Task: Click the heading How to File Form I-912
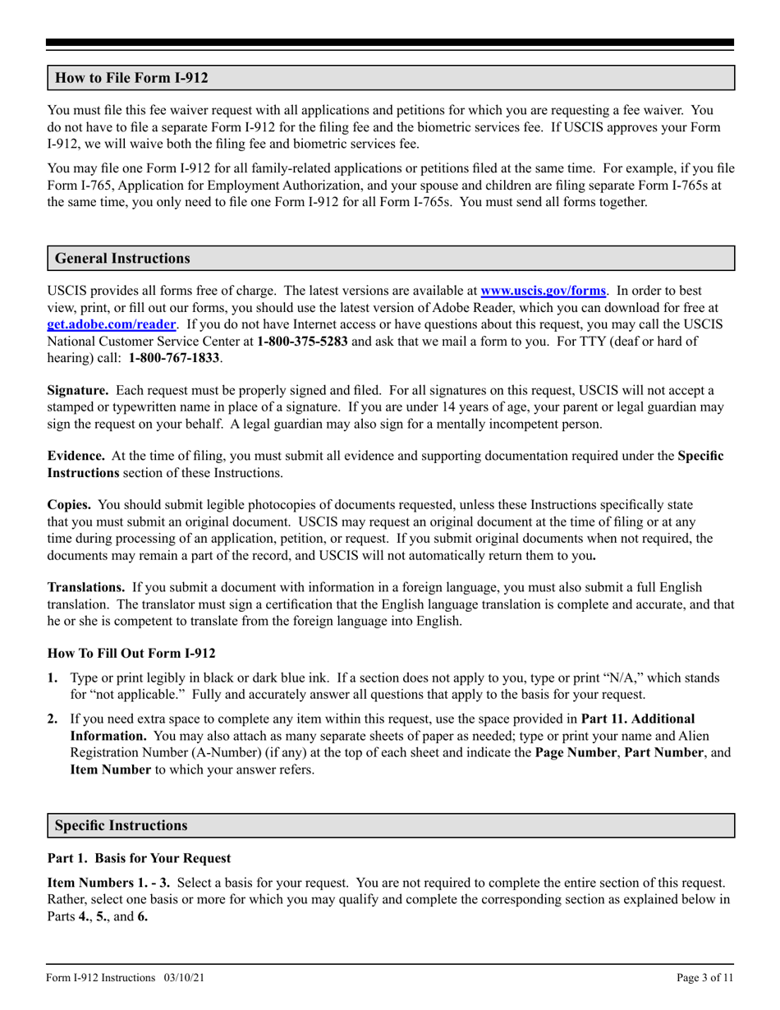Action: click(x=131, y=79)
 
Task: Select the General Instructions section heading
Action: click(x=122, y=259)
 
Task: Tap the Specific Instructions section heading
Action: click(x=121, y=825)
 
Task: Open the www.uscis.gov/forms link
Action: click(x=543, y=290)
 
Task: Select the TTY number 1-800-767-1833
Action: click(x=175, y=358)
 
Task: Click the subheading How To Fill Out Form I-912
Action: click(x=131, y=654)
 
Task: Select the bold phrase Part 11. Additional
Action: click(x=637, y=719)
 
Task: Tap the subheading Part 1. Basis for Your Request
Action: click(x=139, y=858)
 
